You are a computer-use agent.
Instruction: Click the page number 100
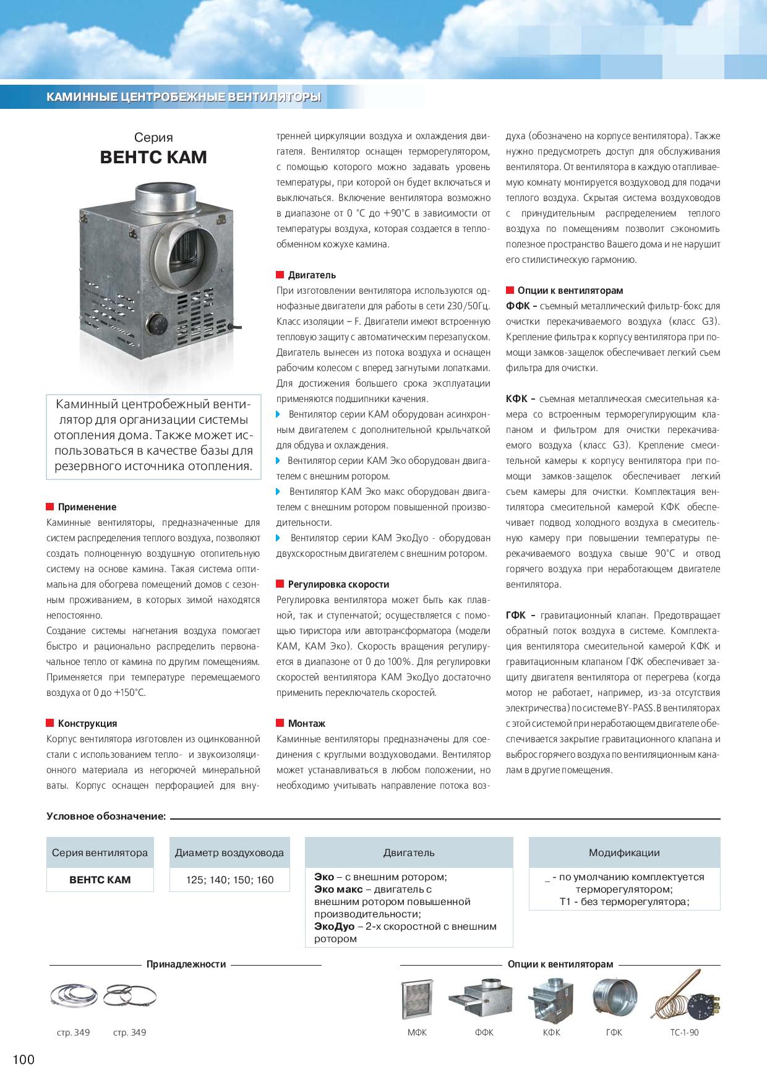pyautogui.click(x=24, y=1060)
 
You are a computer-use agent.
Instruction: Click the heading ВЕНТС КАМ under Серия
pyautogui.click(x=153, y=158)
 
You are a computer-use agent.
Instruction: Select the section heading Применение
pyautogui.click(x=87, y=507)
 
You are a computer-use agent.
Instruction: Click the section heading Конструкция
pyautogui.click(x=87, y=723)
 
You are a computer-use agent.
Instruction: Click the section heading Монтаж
pyautogui.click(x=306, y=723)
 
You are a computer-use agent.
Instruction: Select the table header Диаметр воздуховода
pyautogui.click(x=229, y=852)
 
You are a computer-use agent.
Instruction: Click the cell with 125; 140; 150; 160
pyautogui.click(x=229, y=880)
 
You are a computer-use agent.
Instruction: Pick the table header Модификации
pyautogui.click(x=624, y=852)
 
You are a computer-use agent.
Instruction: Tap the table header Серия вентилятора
pyautogui.click(x=100, y=852)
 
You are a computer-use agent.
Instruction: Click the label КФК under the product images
pyautogui.click(x=551, y=1032)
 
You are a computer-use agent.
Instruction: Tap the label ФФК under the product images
pyautogui.click(x=484, y=1032)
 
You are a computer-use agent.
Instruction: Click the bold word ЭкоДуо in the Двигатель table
pyautogui.click(x=334, y=927)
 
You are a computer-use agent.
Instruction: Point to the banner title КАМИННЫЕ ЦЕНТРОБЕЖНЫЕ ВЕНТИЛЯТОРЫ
pyautogui.click(x=184, y=97)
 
